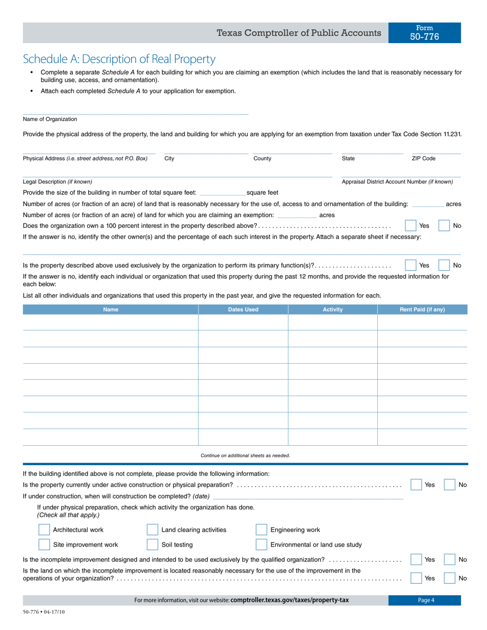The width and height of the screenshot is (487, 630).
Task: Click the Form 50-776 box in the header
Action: [x=424, y=33]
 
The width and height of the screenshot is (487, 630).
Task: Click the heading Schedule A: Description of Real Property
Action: [x=119, y=59]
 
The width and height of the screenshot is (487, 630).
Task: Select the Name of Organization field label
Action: [x=50, y=119]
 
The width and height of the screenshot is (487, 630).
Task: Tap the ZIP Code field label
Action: [x=423, y=159]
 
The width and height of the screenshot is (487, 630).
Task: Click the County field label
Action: [x=262, y=159]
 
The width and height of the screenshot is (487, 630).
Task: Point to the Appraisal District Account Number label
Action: [x=397, y=182]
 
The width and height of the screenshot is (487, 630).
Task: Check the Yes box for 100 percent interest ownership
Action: [x=411, y=226]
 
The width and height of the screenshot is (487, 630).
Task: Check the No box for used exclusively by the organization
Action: [x=444, y=265]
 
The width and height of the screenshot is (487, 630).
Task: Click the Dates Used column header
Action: [x=243, y=310]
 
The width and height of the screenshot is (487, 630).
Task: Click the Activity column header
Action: [x=333, y=310]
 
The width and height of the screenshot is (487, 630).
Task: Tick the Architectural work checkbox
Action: [x=45, y=530]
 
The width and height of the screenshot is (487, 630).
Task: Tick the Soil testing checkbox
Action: [x=152, y=545]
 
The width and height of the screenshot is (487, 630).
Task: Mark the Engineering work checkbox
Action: [x=261, y=530]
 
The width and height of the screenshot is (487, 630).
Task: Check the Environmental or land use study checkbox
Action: [x=261, y=545]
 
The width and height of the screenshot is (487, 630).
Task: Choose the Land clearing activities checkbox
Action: [x=152, y=530]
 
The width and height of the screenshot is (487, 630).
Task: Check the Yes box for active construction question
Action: [x=416, y=485]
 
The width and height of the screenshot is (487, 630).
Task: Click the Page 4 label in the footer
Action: [x=425, y=600]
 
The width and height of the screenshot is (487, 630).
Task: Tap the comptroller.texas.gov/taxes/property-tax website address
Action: [x=290, y=600]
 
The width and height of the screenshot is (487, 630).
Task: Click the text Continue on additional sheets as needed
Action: [x=245, y=455]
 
